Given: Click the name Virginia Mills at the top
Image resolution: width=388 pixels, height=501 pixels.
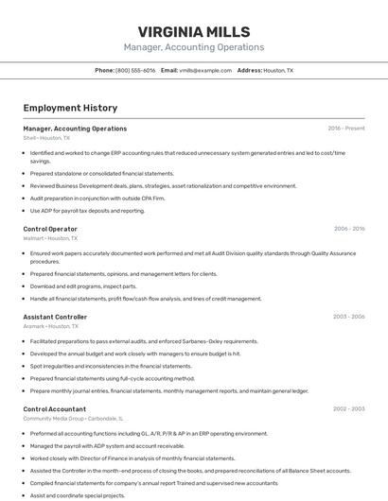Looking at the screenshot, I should point(193,29).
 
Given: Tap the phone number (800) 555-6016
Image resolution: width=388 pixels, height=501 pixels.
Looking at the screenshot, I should point(135,70).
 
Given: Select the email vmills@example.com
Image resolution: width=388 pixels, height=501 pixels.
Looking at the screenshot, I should point(205,70).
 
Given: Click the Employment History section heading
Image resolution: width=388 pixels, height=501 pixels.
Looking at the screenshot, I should point(70,108).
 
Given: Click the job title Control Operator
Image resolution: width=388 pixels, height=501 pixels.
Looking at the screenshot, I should point(50,229).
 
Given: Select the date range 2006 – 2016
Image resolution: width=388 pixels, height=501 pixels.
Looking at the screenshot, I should point(348,229).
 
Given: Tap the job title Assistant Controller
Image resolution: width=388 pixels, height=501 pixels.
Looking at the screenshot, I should point(55,317).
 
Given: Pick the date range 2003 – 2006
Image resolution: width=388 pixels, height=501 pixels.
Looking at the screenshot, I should point(348,317).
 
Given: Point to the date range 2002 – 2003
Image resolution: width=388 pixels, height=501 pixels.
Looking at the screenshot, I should point(348,408).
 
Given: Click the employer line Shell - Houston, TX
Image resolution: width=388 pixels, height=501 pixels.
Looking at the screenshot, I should point(46,138).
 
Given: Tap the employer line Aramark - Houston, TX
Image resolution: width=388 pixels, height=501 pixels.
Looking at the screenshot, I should point(50,326).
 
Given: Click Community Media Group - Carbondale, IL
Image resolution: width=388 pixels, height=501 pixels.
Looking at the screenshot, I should point(74,418).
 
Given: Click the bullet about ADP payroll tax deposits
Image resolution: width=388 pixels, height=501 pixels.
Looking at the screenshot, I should point(87,211).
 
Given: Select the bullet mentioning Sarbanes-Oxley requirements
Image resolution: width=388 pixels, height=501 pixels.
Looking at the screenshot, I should point(144,341).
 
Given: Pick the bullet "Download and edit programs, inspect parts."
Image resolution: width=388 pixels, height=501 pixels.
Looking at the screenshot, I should point(83,286).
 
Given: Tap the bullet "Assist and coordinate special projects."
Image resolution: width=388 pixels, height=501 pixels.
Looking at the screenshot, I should point(78,495).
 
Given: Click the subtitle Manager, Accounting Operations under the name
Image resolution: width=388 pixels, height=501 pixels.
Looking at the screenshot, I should point(193,47).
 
